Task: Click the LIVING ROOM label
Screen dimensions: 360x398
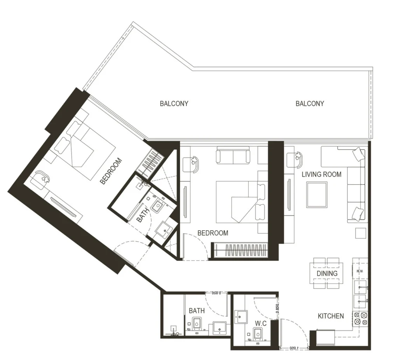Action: tap(321, 174)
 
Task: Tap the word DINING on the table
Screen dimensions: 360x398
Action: tap(326, 273)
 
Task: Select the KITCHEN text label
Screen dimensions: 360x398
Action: tap(331, 316)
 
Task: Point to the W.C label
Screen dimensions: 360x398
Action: tap(260, 323)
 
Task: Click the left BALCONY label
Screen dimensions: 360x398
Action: tap(174, 104)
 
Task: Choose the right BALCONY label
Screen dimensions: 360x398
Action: tap(309, 104)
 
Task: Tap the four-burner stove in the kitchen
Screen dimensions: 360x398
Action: tap(360, 318)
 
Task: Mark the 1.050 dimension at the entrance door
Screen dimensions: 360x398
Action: tap(294, 348)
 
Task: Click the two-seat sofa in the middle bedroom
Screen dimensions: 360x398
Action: tap(233, 155)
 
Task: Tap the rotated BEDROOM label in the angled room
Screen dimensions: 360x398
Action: tap(111, 170)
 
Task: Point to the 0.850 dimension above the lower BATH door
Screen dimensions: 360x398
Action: tap(213, 294)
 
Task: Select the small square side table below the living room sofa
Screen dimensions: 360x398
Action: tap(360, 233)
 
